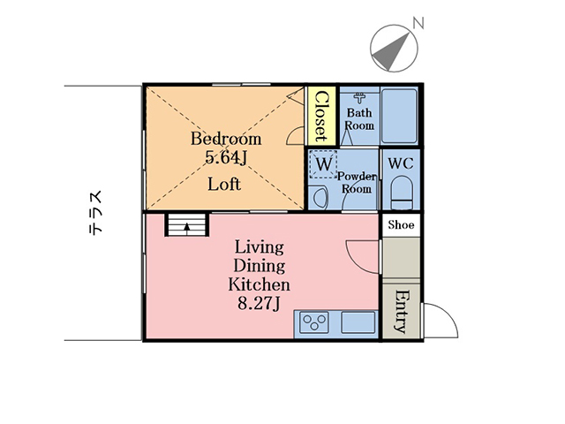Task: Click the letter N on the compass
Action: pos(418,24)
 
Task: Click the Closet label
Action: pos(320,116)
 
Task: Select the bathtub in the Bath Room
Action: pos(399,116)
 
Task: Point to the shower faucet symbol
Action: pos(359,98)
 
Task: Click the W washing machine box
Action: pos(323,164)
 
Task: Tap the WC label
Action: pos(400,163)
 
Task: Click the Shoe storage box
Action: pos(401,225)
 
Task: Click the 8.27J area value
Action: pos(259,304)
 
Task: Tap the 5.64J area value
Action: pos(226,157)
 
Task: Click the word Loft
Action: pos(223,185)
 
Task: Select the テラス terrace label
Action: pos(96,213)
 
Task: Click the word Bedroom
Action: pos(226,139)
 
